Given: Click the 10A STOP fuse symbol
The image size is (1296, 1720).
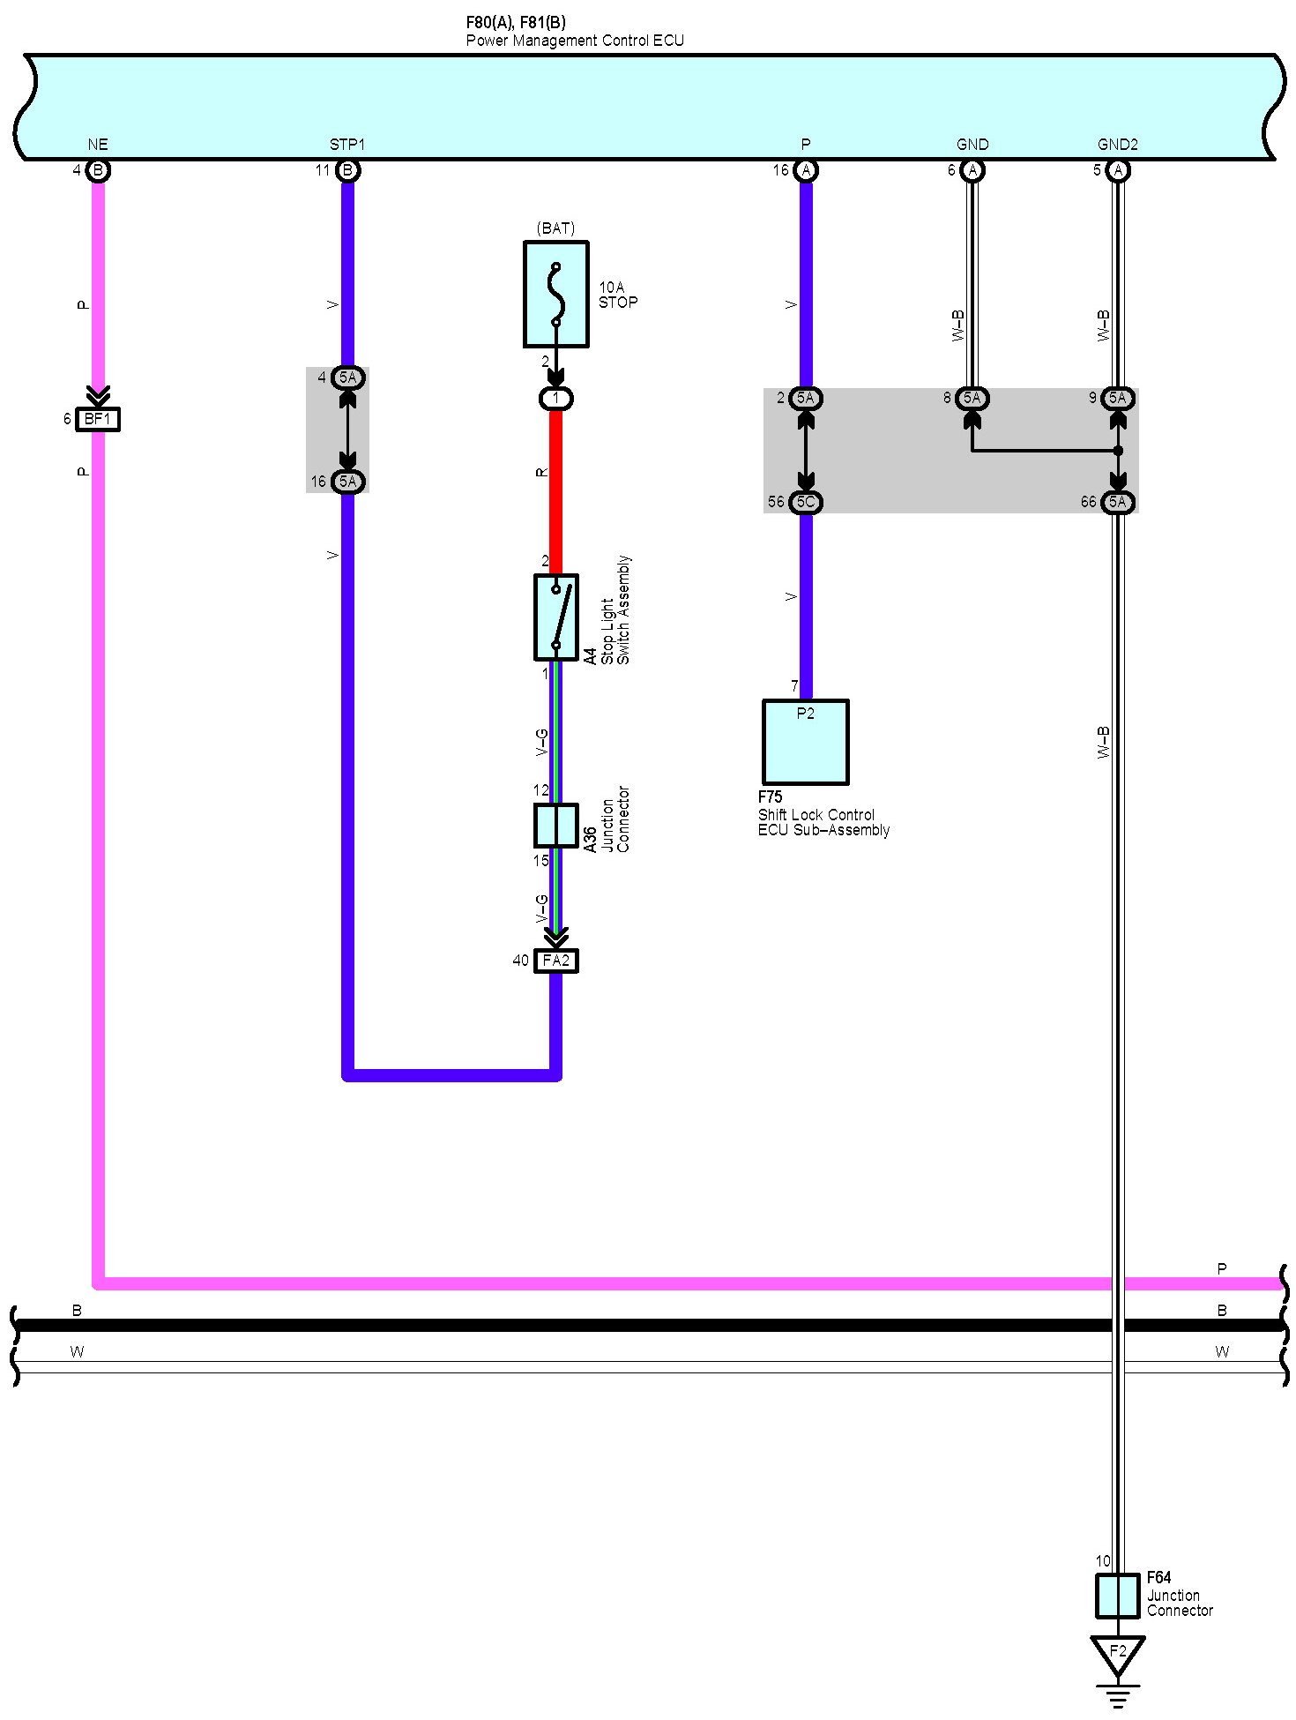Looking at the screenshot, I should tap(555, 294).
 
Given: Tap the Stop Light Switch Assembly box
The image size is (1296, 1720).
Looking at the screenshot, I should tap(555, 617).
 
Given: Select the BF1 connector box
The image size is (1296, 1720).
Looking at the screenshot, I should tap(98, 419).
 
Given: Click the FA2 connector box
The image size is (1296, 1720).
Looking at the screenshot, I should tap(555, 961).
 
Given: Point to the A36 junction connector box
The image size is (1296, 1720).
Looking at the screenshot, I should tap(555, 826).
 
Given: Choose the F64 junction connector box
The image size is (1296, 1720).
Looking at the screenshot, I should tap(1117, 1596).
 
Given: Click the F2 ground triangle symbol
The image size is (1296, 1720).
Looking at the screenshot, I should tap(1117, 1651).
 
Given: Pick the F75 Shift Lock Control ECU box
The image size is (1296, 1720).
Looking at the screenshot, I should tap(805, 742).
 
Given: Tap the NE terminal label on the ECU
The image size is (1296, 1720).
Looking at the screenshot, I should tap(98, 145).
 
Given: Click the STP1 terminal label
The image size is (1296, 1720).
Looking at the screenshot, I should tap(347, 145).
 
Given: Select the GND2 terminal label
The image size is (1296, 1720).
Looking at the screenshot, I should tap(1117, 145).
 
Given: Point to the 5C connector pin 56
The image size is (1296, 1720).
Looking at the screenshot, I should tap(805, 502).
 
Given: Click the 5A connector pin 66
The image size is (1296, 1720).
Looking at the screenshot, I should tap(1117, 502).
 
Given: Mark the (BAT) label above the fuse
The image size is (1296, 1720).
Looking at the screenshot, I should tap(555, 228).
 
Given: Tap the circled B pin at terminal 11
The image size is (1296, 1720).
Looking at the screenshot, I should tap(347, 170).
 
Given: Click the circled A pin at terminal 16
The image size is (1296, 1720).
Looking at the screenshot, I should tap(805, 170).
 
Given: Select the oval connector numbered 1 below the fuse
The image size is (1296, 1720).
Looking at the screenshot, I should tap(555, 399).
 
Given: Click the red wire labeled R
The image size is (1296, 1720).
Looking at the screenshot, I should tap(555, 490).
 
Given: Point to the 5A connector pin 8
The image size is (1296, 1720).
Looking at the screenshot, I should tap(972, 399).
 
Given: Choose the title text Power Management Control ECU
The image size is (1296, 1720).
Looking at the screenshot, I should tap(575, 41).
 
